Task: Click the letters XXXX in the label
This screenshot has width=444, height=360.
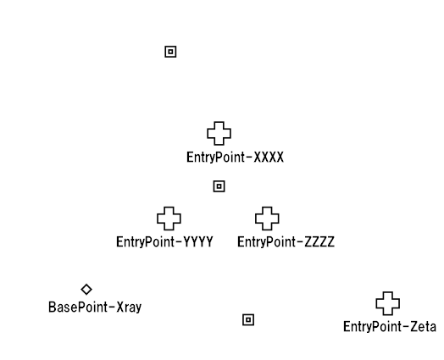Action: point(269,157)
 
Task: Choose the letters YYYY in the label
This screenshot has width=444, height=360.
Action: point(198,242)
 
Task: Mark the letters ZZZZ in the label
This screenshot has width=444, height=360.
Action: point(319,242)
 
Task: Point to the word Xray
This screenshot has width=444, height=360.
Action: point(129,307)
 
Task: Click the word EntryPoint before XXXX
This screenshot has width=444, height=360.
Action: point(215,158)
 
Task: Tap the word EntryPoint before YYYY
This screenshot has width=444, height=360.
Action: point(145,243)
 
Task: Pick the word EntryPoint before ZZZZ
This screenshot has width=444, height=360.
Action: point(266,243)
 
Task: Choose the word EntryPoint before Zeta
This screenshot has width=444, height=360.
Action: point(372,328)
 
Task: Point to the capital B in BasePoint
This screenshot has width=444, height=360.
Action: point(52,307)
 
